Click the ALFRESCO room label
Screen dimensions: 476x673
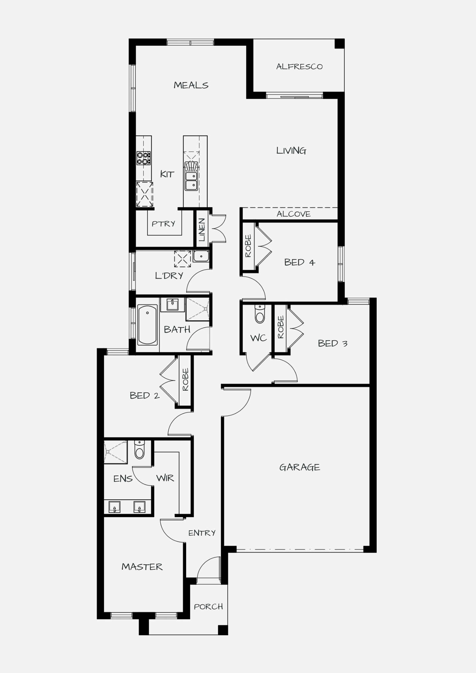click(x=299, y=67)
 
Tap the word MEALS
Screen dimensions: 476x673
click(x=191, y=85)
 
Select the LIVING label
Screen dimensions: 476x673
click(x=291, y=150)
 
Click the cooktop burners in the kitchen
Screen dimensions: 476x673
click(x=144, y=158)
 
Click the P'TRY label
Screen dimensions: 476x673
click(x=163, y=224)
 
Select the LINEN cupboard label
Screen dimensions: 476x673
click(x=202, y=230)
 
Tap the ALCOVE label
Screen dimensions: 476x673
click(x=294, y=214)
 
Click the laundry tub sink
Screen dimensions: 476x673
click(x=201, y=256)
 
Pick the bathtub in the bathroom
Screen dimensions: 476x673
click(x=147, y=325)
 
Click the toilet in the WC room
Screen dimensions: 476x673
click(x=260, y=314)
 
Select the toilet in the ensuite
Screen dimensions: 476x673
click(x=139, y=450)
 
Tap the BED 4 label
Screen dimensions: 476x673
click(x=300, y=262)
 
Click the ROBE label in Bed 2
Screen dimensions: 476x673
click(x=185, y=380)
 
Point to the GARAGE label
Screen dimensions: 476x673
click(x=300, y=467)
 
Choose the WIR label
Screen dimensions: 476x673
click(x=165, y=478)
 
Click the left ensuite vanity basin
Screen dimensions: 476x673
click(x=114, y=507)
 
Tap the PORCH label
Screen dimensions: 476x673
click(x=208, y=607)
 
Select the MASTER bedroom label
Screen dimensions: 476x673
click(x=142, y=567)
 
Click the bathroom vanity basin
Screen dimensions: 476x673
click(x=172, y=305)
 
